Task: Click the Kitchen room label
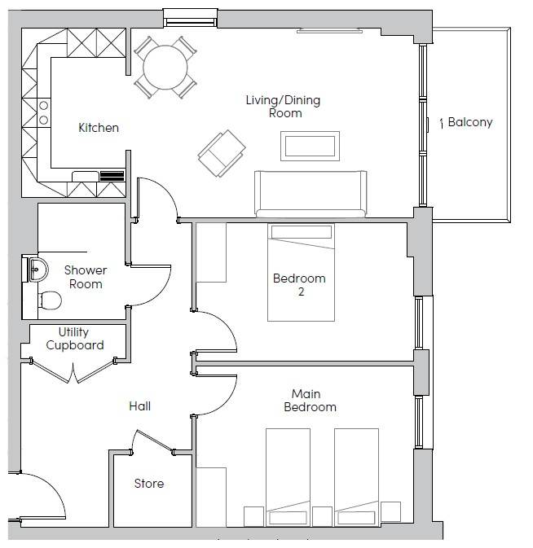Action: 99,128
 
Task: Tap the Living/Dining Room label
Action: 284,107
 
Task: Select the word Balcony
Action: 470,123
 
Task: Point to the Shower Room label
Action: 86,277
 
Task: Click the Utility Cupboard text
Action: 74,339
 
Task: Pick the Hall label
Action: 139,406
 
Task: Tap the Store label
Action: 148,484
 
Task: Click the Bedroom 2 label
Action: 299,285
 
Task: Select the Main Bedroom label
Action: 310,401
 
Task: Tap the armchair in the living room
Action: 222,152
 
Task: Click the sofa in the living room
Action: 311,194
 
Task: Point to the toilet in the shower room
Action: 51,300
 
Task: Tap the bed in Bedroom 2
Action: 301,273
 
